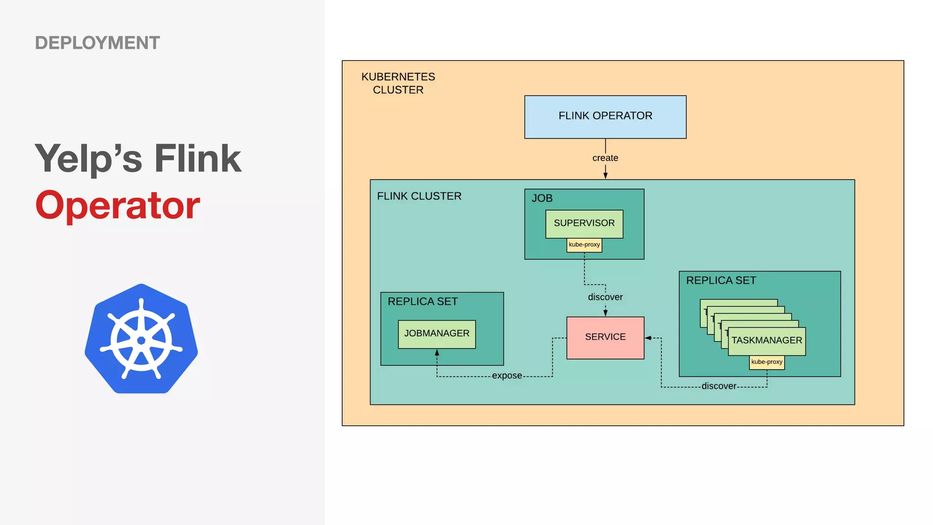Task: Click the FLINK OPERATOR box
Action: pyautogui.click(x=605, y=117)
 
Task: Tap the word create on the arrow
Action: pyautogui.click(x=605, y=158)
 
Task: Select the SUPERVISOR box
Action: pyautogui.click(x=584, y=223)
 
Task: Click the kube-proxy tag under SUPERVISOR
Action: pyautogui.click(x=584, y=245)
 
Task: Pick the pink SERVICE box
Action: pyautogui.click(x=605, y=337)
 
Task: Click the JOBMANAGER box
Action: pyautogui.click(x=436, y=334)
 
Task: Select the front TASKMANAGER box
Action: pyautogui.click(x=767, y=341)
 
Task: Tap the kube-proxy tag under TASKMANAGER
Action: pyautogui.click(x=767, y=362)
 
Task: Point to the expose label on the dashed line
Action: pyautogui.click(x=507, y=376)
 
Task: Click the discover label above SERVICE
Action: pyautogui.click(x=605, y=297)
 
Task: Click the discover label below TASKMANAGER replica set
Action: pyautogui.click(x=718, y=386)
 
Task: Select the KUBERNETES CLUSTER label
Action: pyautogui.click(x=398, y=83)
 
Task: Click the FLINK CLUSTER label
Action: pyautogui.click(x=419, y=196)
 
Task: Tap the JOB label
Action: pyautogui.click(x=542, y=198)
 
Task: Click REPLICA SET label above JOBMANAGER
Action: pyautogui.click(x=422, y=302)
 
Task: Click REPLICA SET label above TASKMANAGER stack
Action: pyautogui.click(x=721, y=281)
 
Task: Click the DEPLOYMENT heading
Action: pyautogui.click(x=97, y=43)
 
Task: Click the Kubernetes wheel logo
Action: pyautogui.click(x=141, y=339)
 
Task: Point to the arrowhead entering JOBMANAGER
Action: pyautogui.click(x=436, y=353)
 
